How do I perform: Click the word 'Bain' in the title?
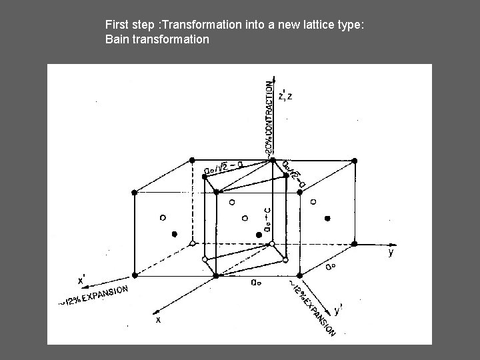coord(117,40)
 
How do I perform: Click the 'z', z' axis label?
coord(285,97)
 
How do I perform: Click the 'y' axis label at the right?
coord(391,253)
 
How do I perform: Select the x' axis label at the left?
coord(83,280)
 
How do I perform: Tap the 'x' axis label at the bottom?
coord(158,319)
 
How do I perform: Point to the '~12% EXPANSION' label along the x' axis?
coord(93,296)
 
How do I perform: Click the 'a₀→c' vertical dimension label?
coord(267,219)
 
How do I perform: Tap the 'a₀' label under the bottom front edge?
coord(255,283)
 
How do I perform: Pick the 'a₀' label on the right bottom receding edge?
coord(330,267)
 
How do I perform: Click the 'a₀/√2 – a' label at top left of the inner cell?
coord(223,167)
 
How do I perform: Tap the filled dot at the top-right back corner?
coord(355,161)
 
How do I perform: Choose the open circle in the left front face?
coord(162,217)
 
